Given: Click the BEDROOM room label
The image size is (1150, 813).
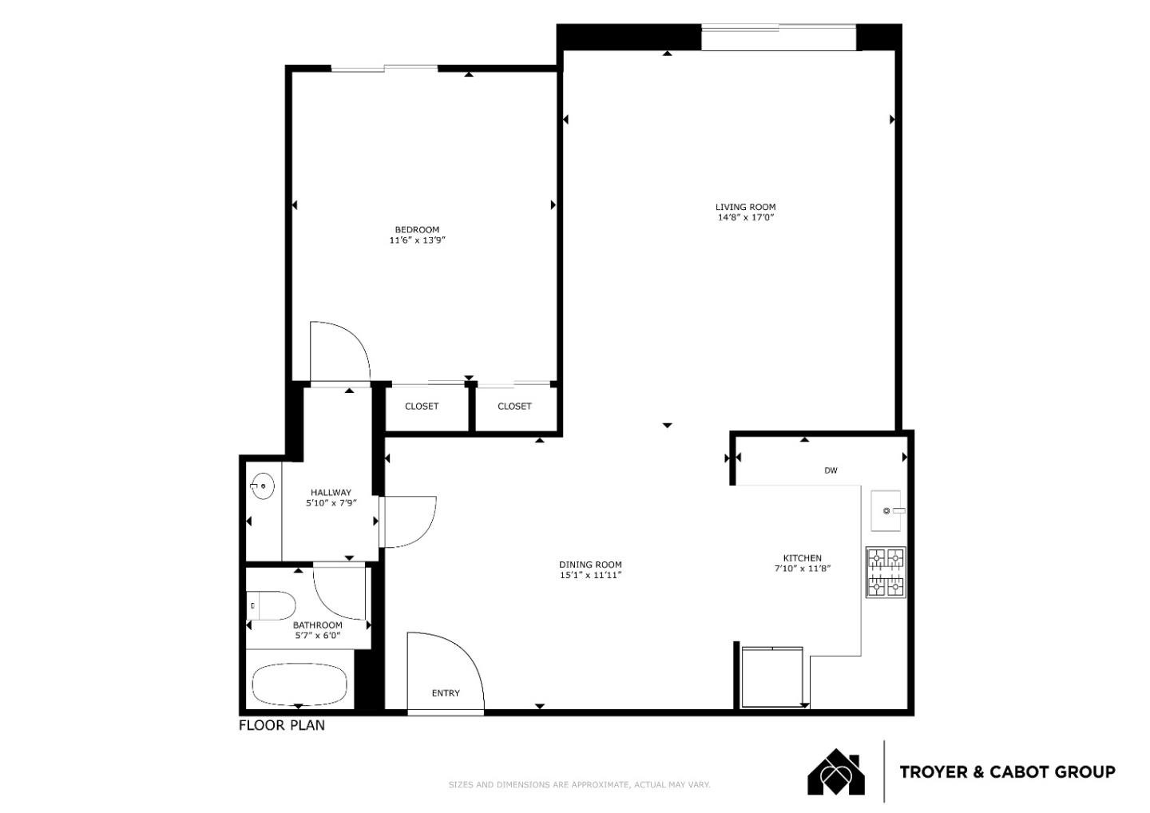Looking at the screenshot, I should pyautogui.click(x=417, y=230).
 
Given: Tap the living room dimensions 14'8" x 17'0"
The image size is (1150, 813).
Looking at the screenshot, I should pyautogui.click(x=745, y=217).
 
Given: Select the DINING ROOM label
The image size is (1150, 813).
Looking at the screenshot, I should pyautogui.click(x=590, y=565).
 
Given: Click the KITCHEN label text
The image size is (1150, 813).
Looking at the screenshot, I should pyautogui.click(x=802, y=558).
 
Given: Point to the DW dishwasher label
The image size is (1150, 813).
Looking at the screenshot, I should pyautogui.click(x=831, y=470).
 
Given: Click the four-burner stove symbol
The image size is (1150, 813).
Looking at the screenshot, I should pyautogui.click(x=886, y=573).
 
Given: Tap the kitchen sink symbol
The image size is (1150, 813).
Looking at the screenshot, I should pyautogui.click(x=886, y=510).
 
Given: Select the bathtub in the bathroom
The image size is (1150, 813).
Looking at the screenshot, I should pyautogui.click(x=299, y=684).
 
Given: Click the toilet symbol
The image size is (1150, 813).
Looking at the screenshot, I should pyautogui.click(x=270, y=606).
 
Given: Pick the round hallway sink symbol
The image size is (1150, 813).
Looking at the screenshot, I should pyautogui.click(x=261, y=485).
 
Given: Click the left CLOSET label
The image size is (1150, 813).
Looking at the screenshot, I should pyautogui.click(x=422, y=406).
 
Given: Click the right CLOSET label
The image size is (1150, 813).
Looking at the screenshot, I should pyautogui.click(x=514, y=406).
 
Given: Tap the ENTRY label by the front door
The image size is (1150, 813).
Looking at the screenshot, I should pyautogui.click(x=446, y=693).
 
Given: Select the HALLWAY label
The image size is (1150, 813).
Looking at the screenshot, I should pyautogui.click(x=331, y=493).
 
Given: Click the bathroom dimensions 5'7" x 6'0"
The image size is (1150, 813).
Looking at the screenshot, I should pyautogui.click(x=317, y=636).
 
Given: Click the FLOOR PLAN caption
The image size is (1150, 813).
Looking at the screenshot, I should pyautogui.click(x=282, y=726).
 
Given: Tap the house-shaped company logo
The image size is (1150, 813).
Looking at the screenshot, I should pyautogui.click(x=835, y=772).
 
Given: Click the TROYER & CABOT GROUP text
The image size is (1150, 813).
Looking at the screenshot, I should pyautogui.click(x=1007, y=772).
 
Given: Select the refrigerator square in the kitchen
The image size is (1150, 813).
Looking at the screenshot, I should pyautogui.click(x=771, y=676).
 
